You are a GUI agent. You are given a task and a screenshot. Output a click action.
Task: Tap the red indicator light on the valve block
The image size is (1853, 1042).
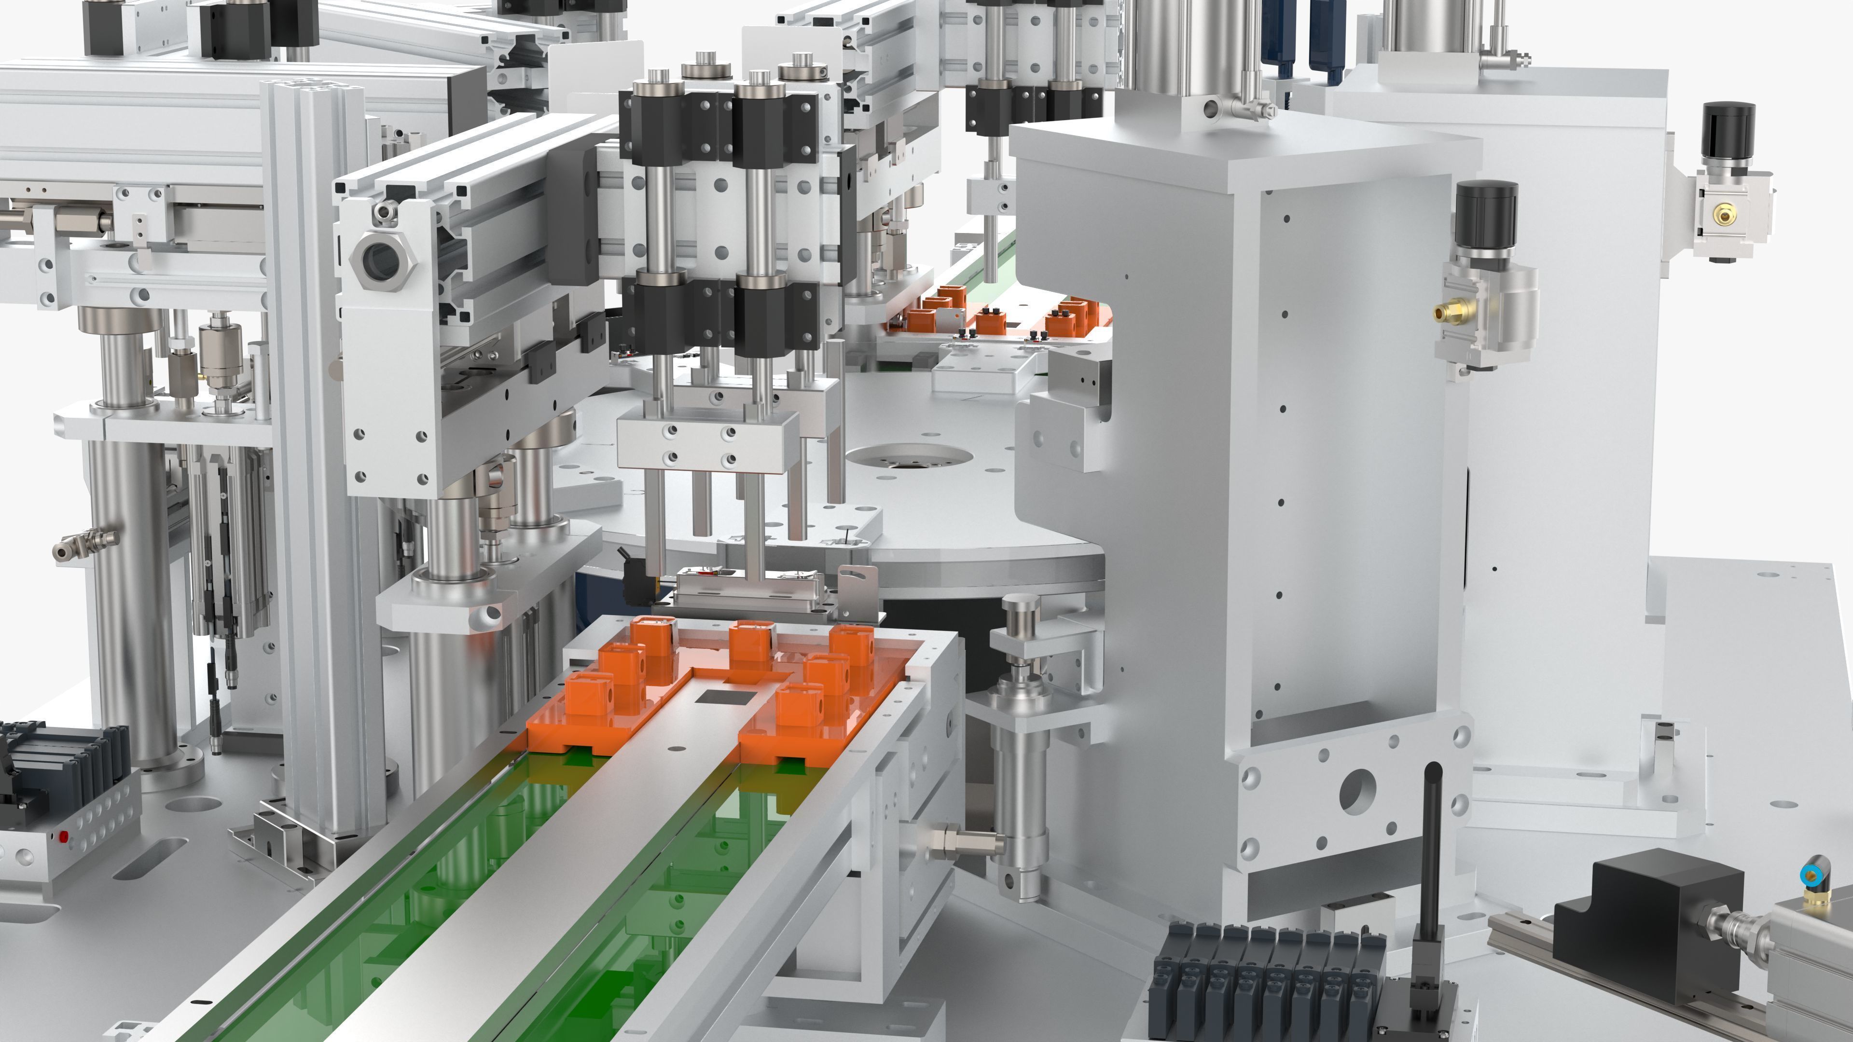[x=63, y=836]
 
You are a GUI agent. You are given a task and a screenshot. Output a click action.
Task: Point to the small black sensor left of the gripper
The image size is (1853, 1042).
[x=636, y=581]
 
